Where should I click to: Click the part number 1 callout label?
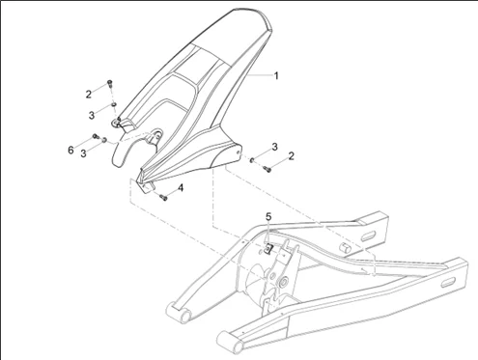[276, 76]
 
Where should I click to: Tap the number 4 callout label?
[181, 188]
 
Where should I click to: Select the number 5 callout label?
[268, 217]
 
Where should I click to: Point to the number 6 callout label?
[70, 150]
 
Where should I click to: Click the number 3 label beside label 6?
[84, 153]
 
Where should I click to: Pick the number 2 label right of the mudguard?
[292, 156]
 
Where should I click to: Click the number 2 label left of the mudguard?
[89, 95]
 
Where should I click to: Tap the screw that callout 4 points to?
[164, 197]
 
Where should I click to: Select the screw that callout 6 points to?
[96, 136]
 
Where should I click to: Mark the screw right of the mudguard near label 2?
[267, 168]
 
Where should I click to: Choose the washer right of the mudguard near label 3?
[252, 159]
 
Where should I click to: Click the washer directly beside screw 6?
[104, 140]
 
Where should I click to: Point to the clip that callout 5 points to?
[268, 248]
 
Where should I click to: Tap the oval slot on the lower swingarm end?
[447, 283]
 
